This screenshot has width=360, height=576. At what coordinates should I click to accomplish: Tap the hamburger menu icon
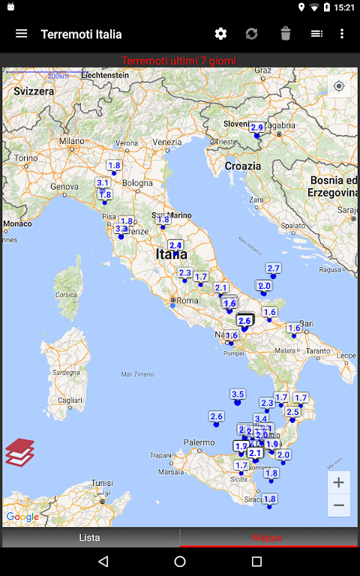coord(21,34)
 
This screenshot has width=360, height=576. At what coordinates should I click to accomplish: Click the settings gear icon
coord(220,34)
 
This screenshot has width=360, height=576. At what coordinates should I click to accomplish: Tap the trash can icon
coord(285,34)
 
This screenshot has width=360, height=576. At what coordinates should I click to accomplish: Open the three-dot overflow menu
coord(342,34)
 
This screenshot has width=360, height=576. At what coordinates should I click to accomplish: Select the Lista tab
coord(90,537)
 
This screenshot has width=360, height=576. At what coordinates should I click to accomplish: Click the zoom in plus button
coord(339,482)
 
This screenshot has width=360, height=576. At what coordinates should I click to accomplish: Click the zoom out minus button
coord(339,505)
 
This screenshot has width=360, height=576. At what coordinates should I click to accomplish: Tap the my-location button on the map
coord(339,86)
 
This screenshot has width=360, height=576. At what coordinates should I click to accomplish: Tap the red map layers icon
coord(20,452)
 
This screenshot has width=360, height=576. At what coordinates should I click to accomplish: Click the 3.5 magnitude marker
coord(238,394)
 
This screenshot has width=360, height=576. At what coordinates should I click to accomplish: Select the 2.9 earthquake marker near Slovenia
coord(256,127)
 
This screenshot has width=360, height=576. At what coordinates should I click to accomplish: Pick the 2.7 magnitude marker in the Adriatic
coord(273,268)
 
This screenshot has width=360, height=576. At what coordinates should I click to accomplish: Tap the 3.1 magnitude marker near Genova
coord(103,183)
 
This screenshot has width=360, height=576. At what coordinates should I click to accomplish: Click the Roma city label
coord(187,300)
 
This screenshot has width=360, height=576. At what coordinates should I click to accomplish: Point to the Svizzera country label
coord(34,91)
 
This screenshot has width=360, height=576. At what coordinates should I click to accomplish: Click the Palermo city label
coord(199,442)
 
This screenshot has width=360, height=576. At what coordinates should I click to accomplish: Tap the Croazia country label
coord(243,166)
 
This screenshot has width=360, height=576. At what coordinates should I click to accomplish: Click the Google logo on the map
coord(22,517)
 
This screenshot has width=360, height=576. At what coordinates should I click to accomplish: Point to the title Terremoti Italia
coord(81,34)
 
